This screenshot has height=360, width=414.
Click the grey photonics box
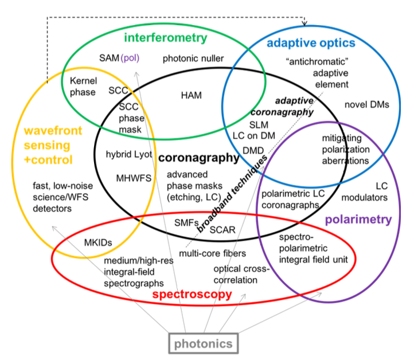(204, 344)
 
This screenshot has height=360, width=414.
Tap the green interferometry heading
(165, 38)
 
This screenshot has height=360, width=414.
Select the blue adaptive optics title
(311, 43)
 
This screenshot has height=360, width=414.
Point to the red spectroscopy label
(192, 295)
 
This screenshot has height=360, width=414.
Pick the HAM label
(191, 95)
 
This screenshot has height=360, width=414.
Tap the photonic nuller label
(193, 58)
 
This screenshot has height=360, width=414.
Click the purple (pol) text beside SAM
(130, 58)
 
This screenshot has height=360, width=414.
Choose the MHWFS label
(133, 178)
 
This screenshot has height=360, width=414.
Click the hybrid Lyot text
(127, 154)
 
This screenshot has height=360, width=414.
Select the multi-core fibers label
(212, 253)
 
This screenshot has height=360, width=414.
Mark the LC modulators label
(365, 192)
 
